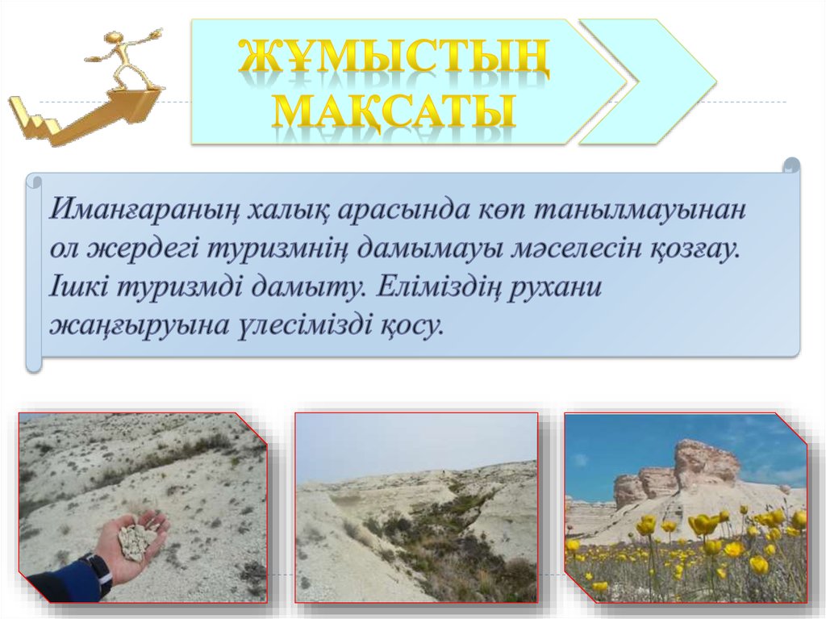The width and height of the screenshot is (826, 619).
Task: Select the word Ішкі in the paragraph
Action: pyautogui.click(x=79, y=287)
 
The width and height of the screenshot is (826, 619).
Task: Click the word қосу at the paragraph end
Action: pyautogui.click(x=409, y=326)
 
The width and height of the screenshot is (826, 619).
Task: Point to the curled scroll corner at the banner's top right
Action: pyautogui.click(x=791, y=165)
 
